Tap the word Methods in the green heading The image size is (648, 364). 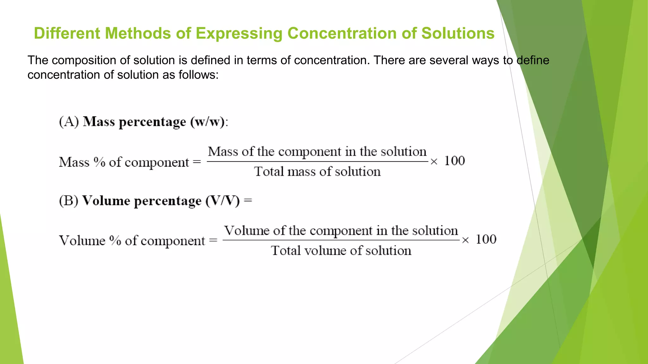[138, 33]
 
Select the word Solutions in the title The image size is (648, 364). [458, 33]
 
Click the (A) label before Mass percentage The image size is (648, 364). [69, 122]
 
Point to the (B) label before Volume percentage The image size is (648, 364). [68, 201]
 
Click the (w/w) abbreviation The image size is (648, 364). [207, 122]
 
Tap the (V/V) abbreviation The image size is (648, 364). [222, 201]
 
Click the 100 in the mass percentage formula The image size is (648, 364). [454, 161]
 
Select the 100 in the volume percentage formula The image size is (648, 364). [486, 239]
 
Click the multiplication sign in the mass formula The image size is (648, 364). [434, 162]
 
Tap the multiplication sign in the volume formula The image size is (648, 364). [465, 240]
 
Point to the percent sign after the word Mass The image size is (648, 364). [99, 162]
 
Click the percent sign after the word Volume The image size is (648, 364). [115, 240]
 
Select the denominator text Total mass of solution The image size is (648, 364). [317, 172]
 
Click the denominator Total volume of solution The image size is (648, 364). [341, 251]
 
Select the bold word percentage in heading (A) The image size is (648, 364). [152, 122]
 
